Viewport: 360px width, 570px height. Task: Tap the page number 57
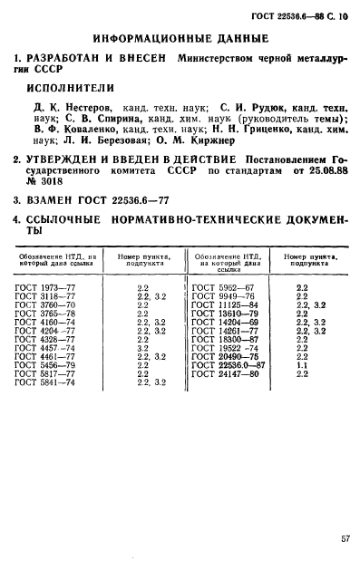pyautogui.click(x=345, y=538)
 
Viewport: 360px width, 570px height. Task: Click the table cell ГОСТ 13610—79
pyautogui.click(x=221, y=313)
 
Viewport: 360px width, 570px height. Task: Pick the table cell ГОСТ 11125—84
pyautogui.click(x=221, y=304)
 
